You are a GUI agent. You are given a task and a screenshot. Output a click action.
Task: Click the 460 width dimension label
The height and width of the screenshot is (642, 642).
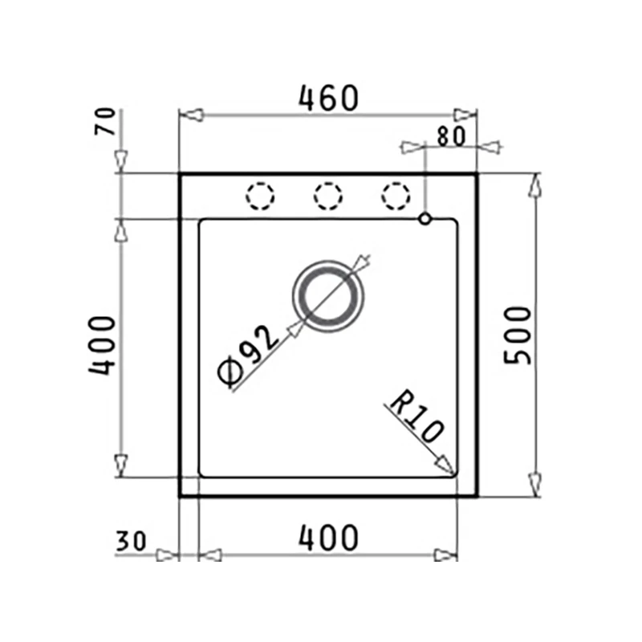(x=329, y=98)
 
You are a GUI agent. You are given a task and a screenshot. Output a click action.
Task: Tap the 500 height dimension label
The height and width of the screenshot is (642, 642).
(x=517, y=335)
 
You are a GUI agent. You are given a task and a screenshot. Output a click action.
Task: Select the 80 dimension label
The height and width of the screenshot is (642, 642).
(x=451, y=136)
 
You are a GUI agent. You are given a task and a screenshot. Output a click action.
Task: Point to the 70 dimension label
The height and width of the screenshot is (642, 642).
(x=105, y=121)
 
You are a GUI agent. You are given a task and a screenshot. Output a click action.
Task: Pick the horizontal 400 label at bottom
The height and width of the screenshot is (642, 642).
(x=328, y=538)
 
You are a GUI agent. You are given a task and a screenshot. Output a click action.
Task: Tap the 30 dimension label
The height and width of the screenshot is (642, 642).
(x=131, y=541)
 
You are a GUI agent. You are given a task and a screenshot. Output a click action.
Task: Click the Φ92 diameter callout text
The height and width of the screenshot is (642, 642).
(x=248, y=356)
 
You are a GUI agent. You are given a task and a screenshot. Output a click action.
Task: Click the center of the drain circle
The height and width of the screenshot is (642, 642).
(x=328, y=295)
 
